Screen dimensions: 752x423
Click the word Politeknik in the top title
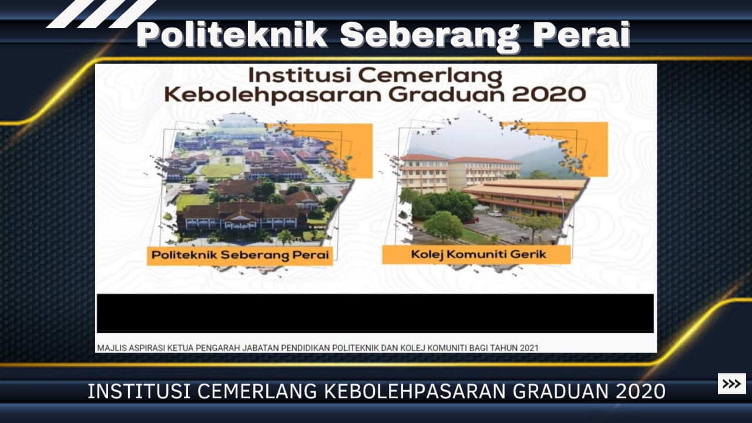click(232, 35)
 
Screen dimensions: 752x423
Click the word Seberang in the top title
click(430, 37)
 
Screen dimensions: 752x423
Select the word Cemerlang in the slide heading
click(430, 76)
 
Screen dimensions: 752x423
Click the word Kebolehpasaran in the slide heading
click(273, 96)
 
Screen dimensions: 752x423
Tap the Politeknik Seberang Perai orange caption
click(240, 256)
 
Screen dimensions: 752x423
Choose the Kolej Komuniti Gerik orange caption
click(476, 254)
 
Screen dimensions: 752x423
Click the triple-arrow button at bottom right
click(732, 383)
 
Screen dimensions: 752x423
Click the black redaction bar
click(375, 313)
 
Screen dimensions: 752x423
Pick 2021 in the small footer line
click(529, 348)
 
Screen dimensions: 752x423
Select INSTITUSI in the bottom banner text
click(139, 391)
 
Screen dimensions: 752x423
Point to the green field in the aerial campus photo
click(221, 170)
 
